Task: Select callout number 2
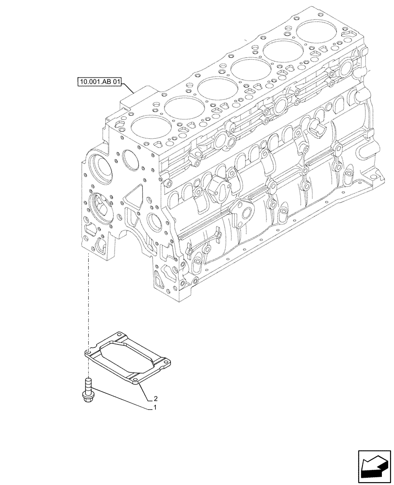tap(154, 399)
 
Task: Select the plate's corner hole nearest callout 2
tap(136, 381)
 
